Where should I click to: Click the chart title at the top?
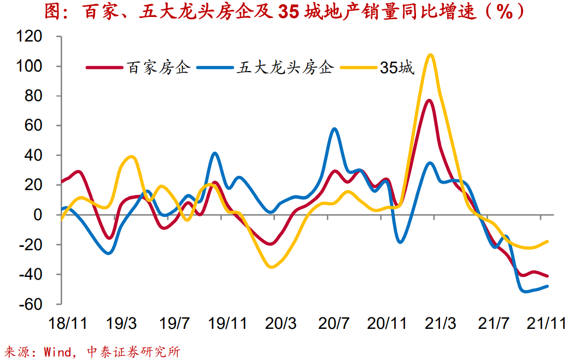pyautogui.click(x=284, y=11)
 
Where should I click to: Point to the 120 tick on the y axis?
pyautogui.click(x=45, y=37)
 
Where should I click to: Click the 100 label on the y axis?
pyautogui.click(x=45, y=67)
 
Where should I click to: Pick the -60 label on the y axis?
pyautogui.click(x=44, y=304)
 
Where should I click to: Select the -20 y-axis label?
pyautogui.click(x=44, y=244)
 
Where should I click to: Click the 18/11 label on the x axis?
pyautogui.click(x=68, y=323)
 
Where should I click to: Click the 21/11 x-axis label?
pyautogui.click(x=546, y=323)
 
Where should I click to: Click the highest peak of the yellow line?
pyautogui.click(x=430, y=55)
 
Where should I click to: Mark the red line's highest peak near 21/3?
pyautogui.click(x=429, y=100)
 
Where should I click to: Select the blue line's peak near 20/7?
pyautogui.click(x=334, y=129)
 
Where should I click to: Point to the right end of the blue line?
pyautogui.click(x=547, y=286)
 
